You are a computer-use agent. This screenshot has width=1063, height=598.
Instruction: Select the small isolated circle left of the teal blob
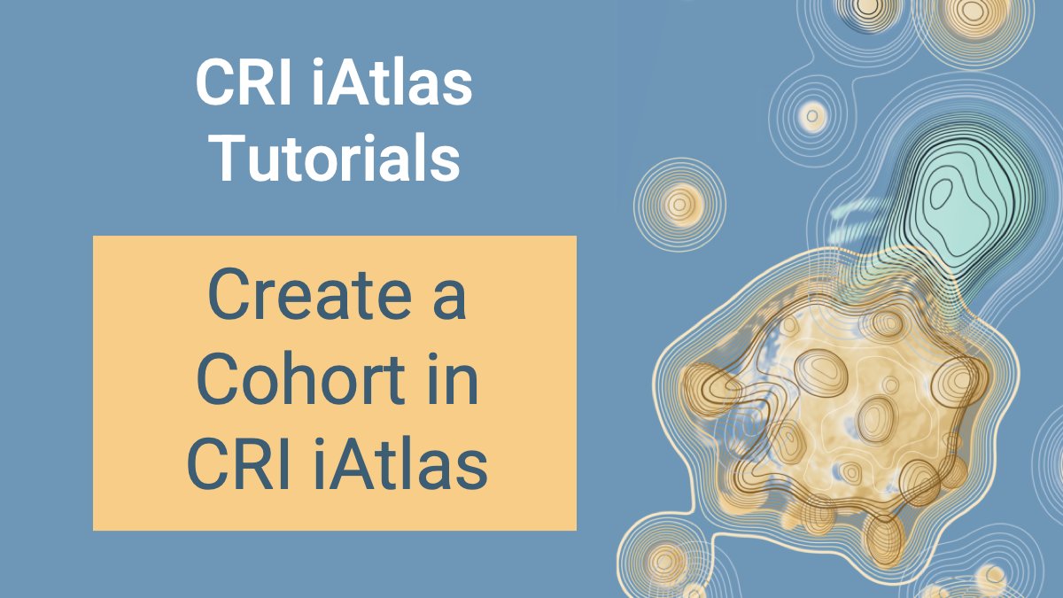(x=812, y=114)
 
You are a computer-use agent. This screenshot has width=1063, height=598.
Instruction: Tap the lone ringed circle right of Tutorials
(x=680, y=203)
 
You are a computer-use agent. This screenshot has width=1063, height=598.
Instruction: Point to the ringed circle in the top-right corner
(x=973, y=12)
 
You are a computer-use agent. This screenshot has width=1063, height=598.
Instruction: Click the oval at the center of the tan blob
(x=877, y=416)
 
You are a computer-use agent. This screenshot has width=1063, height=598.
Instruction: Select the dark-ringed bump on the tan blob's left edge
(x=710, y=385)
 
